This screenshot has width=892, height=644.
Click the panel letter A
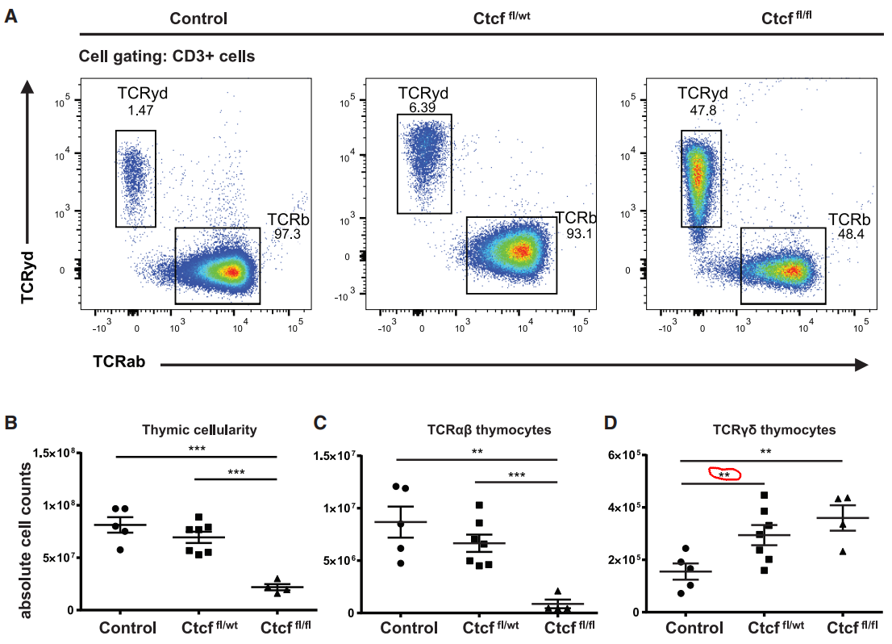pyautogui.click(x=11, y=15)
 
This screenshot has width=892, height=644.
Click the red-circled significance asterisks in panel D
pyautogui.click(x=724, y=475)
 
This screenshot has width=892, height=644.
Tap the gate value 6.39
pyautogui.click(x=417, y=107)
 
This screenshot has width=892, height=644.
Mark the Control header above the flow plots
pyautogui.click(x=200, y=18)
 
